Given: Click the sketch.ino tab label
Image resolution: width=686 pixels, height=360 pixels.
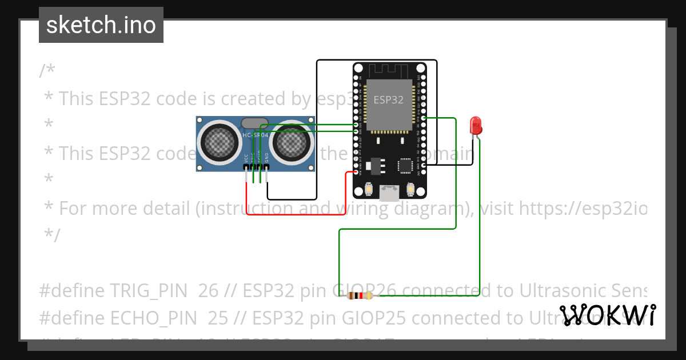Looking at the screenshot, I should pos(101,25).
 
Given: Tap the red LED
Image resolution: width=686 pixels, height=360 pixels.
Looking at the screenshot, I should pos(475,125).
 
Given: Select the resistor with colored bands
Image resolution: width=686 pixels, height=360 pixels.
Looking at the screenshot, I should pos(360,295).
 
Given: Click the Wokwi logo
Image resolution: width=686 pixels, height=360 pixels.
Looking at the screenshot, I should pos(607,315).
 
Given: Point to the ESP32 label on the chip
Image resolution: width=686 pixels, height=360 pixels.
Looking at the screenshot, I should pos(389,99).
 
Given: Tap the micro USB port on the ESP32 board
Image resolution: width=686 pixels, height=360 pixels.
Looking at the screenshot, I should pos(389,193).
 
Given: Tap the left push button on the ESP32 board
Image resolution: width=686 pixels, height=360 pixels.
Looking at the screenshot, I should pos(369,189).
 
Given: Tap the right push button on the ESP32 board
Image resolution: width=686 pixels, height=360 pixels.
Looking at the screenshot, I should pos(410,189).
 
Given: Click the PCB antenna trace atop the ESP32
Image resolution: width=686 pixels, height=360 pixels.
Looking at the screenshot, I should pos(389,71).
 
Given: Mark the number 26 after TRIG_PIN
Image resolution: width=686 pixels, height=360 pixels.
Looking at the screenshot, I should pos(209,291).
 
